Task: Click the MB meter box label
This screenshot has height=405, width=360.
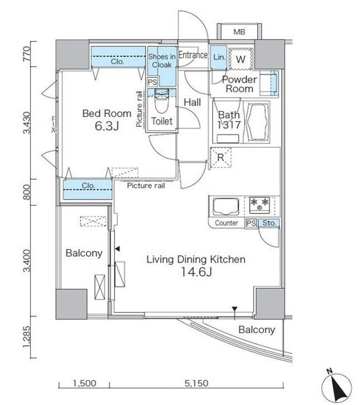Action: tap(239, 32)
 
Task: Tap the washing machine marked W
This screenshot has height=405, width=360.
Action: tap(240, 59)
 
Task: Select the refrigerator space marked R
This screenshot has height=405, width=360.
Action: tap(221, 158)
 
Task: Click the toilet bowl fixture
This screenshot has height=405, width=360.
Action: tap(162, 101)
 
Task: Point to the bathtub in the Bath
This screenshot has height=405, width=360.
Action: tap(257, 122)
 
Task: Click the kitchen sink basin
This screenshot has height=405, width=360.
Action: tap(226, 207)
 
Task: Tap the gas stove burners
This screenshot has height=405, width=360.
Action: tap(259, 205)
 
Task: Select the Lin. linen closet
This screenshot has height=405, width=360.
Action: tap(219, 58)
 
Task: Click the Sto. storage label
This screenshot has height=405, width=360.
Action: tap(269, 223)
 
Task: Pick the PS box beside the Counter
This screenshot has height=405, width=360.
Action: tap(251, 223)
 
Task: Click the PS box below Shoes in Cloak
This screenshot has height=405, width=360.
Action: tap(153, 82)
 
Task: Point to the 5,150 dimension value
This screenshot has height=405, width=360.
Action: tap(196, 383)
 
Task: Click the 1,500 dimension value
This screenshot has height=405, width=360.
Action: tap(85, 383)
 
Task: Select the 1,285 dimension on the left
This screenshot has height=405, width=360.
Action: tap(27, 337)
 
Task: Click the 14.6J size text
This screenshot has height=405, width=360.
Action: tap(196, 271)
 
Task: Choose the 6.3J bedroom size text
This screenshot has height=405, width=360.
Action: tap(107, 126)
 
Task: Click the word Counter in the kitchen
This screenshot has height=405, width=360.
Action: tap(226, 223)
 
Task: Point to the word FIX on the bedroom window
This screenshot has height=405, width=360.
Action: tap(54, 125)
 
